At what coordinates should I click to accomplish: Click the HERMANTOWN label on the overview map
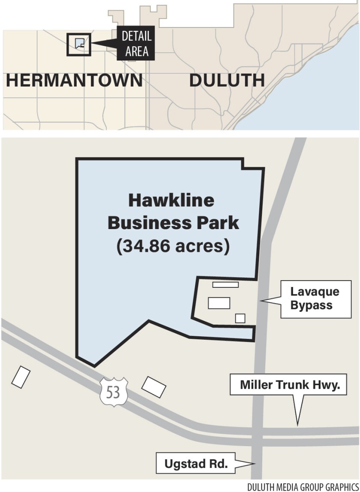74,81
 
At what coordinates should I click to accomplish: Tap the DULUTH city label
227,81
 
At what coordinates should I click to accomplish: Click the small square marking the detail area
79,44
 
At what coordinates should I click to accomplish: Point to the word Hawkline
171,201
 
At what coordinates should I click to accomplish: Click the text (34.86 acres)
173,247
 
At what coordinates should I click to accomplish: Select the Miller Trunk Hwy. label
287,384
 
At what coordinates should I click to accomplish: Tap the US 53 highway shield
113,392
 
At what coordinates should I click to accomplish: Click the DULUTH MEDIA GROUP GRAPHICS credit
303,486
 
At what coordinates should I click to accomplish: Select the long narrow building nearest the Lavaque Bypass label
225,284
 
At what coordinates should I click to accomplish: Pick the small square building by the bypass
240,318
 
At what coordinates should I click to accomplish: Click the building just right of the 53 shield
154,386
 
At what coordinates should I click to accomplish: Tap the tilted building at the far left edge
21,377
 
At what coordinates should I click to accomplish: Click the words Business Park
173,223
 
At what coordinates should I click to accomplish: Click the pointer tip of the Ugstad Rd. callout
255,463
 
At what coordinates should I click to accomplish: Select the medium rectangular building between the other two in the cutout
219,303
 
